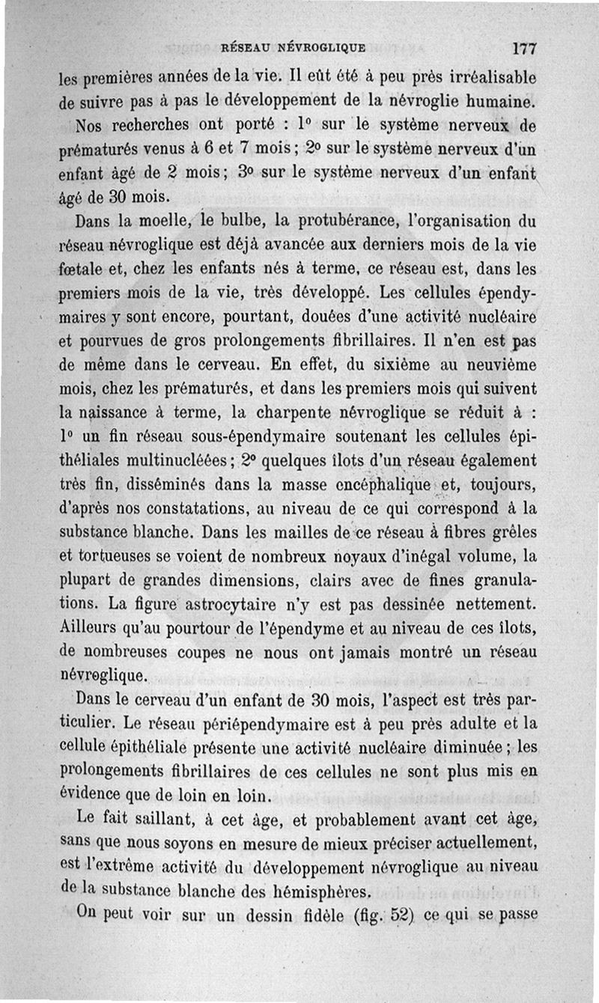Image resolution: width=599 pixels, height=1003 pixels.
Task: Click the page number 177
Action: pos(524,49)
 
